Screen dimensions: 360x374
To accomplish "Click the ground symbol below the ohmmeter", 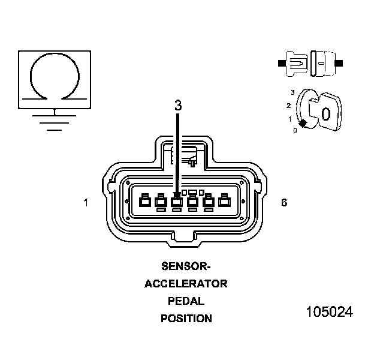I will (55, 120).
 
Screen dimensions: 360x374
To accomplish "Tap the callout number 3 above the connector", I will (178, 105).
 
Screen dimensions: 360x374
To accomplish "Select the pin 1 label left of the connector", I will (86, 203).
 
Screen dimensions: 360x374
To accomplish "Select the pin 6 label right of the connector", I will (284, 203).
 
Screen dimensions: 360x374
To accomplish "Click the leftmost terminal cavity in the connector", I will (144, 202).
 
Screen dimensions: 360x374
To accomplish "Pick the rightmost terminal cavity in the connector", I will (225, 202).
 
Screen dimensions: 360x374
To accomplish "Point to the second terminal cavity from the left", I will (161, 202).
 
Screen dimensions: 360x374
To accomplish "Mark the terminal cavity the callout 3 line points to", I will (177, 202).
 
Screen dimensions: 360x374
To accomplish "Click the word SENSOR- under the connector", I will (186, 266).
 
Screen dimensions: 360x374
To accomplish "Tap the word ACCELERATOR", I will (186, 284).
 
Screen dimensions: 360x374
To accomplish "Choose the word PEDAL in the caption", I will (186, 301).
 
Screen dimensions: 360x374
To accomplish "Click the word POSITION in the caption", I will (186, 319).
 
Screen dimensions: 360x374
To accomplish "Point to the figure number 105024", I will (329, 313).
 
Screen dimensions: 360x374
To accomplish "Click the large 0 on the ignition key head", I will (325, 113).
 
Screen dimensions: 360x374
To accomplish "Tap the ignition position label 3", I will (292, 92).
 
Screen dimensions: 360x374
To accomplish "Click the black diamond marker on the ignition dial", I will (303, 124).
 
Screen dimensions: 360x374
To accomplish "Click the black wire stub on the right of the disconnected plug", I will (339, 62).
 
